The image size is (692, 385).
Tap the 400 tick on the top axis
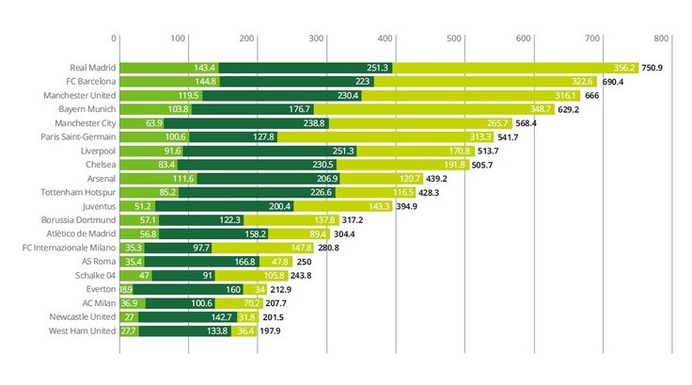(385, 39)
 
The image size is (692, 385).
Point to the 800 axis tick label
(662, 39)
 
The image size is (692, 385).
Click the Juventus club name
(97, 206)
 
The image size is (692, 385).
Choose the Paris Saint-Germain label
(78, 136)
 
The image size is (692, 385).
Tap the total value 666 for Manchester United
(591, 95)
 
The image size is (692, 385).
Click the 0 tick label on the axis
(114, 39)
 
